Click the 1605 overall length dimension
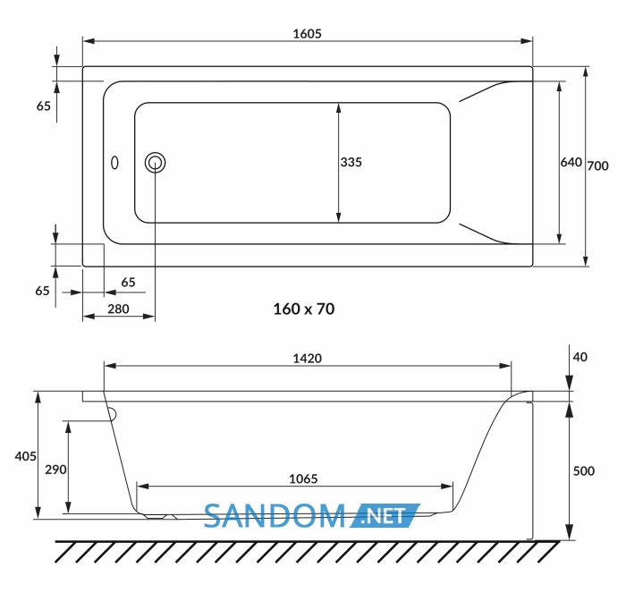tap(307, 34)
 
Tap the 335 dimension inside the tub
tap(351, 162)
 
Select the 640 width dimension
tap(571, 162)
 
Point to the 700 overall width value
tap(597, 165)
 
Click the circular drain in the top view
tap(156, 163)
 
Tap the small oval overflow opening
tap(114, 163)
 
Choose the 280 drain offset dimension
tap(118, 309)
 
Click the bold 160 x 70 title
tap(304, 309)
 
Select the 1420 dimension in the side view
tap(307, 359)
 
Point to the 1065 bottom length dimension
tap(303, 479)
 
